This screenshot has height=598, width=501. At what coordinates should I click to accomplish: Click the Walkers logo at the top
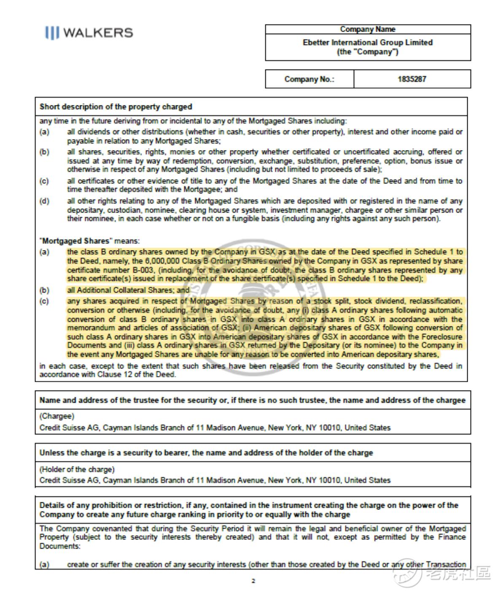[89, 32]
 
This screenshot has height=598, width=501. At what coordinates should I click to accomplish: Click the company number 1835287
[412, 79]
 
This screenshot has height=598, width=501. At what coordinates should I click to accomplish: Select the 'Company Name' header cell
[368, 29]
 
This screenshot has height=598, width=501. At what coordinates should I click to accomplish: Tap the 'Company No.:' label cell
[309, 79]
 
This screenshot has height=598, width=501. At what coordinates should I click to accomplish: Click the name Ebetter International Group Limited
[368, 43]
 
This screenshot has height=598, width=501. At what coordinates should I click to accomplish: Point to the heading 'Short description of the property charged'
[116, 107]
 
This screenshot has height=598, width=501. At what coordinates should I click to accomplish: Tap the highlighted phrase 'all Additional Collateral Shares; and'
[128, 290]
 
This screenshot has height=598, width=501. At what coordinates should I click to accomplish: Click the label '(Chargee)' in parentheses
[57, 416]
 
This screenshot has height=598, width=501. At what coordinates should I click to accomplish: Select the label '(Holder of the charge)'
[77, 469]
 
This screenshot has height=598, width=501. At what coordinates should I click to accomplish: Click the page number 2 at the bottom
[253, 581]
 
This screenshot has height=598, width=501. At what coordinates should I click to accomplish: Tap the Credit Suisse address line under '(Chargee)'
[215, 428]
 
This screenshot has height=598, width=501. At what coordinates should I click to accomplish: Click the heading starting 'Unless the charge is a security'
[206, 453]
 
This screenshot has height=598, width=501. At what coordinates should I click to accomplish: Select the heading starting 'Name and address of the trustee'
[252, 400]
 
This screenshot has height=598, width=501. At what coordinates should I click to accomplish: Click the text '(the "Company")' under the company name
[368, 52]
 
